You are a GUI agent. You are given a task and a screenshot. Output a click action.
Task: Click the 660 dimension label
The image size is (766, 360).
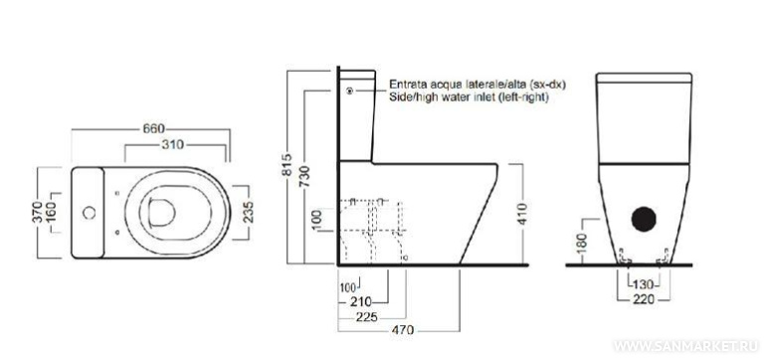click(x=153, y=129)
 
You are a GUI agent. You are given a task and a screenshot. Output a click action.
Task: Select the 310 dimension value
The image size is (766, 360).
click(x=173, y=145)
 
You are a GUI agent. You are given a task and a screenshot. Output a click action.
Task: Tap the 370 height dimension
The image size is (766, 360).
click(x=39, y=213)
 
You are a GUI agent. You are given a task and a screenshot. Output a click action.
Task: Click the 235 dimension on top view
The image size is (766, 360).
click(x=248, y=213)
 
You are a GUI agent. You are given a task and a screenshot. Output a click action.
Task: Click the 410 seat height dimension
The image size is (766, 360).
click(x=524, y=214)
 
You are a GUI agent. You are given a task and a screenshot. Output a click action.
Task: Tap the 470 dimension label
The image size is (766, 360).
click(x=403, y=331)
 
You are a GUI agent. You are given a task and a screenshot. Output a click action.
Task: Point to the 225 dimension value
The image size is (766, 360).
click(x=366, y=317)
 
